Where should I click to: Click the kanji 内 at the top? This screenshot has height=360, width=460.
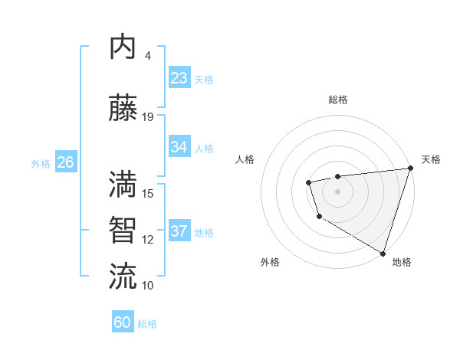(x=123, y=47)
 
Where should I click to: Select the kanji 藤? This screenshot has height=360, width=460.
(x=123, y=109)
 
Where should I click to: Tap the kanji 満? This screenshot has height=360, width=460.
(x=123, y=185)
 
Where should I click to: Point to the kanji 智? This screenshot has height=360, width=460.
(x=123, y=231)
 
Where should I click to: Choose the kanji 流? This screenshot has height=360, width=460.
(x=123, y=277)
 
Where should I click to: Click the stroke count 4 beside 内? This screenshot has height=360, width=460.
(x=148, y=56)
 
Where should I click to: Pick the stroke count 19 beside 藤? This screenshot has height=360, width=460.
(x=148, y=117)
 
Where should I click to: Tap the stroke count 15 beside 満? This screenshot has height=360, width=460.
(x=148, y=193)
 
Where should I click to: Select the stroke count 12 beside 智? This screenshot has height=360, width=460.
(x=148, y=239)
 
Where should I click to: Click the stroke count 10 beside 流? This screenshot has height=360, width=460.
(x=148, y=285)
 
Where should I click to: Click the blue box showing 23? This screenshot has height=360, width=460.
(x=179, y=78)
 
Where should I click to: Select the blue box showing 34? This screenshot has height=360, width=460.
(x=179, y=147)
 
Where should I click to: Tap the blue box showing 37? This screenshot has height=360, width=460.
(x=179, y=231)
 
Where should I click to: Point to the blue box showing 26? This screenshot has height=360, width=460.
(x=65, y=162)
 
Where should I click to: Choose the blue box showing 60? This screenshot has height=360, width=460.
(x=123, y=322)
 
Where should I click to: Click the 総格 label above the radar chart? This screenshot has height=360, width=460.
(x=338, y=100)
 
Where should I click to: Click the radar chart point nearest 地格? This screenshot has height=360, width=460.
(x=383, y=252)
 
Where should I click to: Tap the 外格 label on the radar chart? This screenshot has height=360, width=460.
(x=270, y=262)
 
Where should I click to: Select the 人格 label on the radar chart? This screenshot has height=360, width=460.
(x=245, y=159)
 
